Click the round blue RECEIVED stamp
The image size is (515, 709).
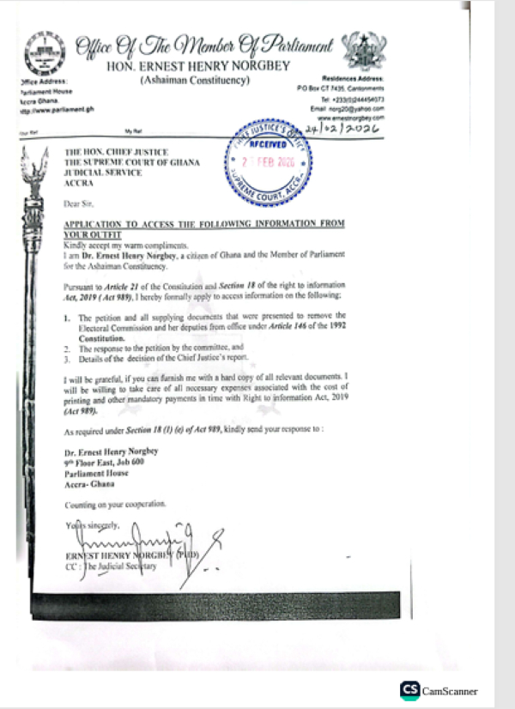(x=267, y=164)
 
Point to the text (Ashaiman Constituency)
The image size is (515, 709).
(x=195, y=80)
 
